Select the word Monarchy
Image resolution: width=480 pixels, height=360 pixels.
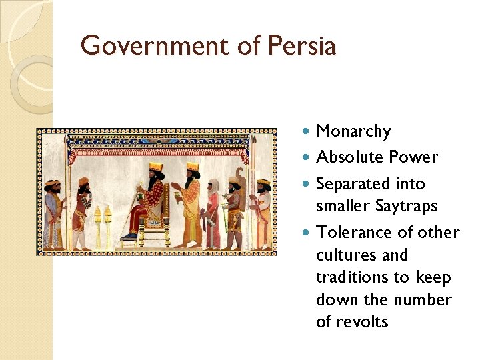pos(353,132)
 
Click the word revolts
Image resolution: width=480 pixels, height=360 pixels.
pos(362,322)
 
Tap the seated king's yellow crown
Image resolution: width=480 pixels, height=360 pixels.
pos(155,166)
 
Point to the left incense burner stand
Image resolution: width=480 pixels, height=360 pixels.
pos(98,227)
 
